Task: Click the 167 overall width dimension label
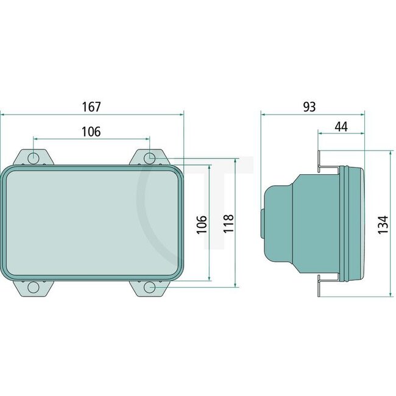91,106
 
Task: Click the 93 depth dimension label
309,106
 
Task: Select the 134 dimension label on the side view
383,224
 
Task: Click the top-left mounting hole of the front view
34,158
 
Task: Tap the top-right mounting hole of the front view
149,158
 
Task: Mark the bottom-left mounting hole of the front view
34,288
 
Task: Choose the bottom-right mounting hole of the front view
149,288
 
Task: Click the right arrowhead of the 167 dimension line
180,113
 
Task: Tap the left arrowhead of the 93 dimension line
263,113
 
